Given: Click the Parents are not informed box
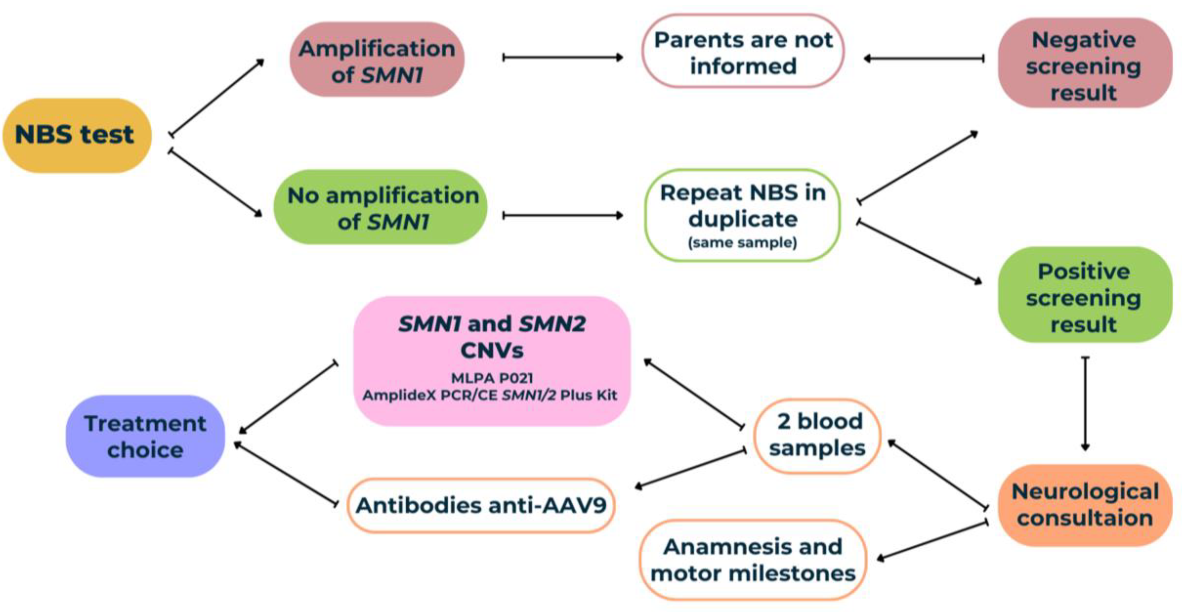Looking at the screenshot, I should pyautogui.click(x=743, y=52).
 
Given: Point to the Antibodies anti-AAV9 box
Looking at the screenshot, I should pyautogui.click(x=481, y=505).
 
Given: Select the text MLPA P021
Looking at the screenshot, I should pyautogui.click(x=492, y=378).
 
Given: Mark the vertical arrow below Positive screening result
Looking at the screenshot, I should pyautogui.click(x=1085, y=404).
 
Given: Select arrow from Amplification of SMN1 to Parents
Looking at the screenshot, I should pyautogui.click(x=563, y=57).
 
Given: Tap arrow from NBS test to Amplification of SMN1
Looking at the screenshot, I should pyautogui.click(x=217, y=97).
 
